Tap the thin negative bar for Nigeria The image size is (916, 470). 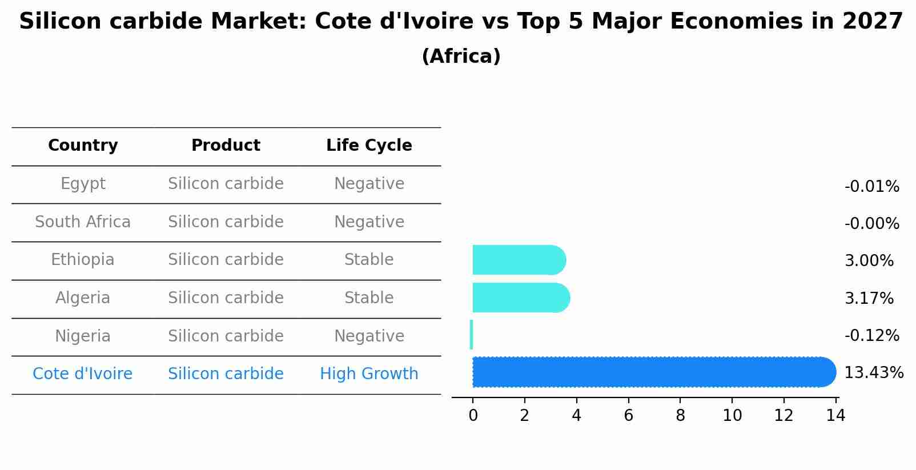pos(471,335)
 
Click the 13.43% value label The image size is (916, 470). pos(873,373)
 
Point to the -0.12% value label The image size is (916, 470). pos(871,335)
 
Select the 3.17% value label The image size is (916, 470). pos(869,298)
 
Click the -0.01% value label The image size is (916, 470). pos(871,187)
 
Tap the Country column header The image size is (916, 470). pos(83,146)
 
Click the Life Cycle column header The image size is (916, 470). pos(369,146)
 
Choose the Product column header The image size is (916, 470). pos(226,146)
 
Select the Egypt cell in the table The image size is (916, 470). pos(83,184)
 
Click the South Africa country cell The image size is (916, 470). pos(83,222)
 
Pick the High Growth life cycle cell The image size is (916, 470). pos(369,374)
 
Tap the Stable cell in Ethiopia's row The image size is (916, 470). pos(369,260)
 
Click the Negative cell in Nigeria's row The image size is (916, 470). pos(369,336)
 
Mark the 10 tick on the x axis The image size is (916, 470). pos(732,415)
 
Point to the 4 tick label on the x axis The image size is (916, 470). pos(576,415)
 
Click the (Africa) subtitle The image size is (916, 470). pos(461,57)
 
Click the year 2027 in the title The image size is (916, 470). pos(872,22)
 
